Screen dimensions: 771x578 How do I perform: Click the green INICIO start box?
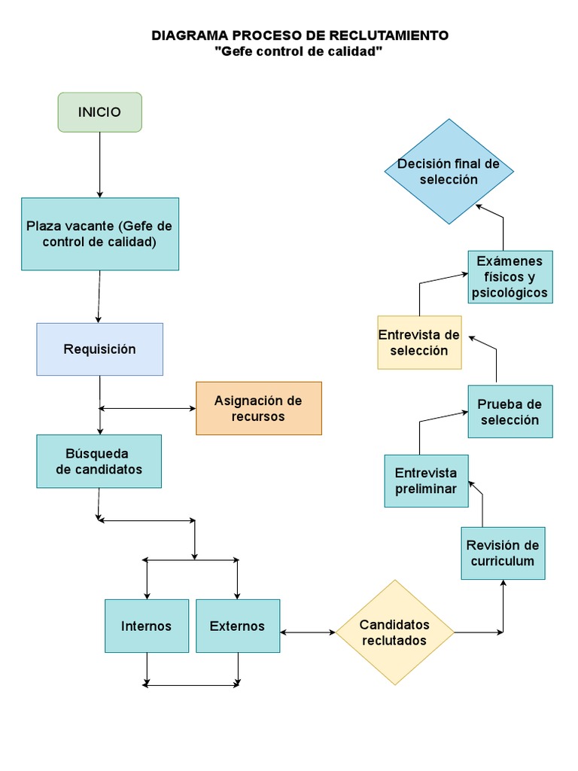coord(99,112)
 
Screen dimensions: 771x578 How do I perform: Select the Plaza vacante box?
coord(100,234)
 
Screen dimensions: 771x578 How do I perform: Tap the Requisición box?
coord(99,349)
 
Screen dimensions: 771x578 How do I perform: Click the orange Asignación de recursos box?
coord(258,408)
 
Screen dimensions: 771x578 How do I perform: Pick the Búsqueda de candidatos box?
coord(99,462)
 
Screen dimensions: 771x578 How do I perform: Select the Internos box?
coord(147,626)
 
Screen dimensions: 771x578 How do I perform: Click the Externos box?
coord(237,626)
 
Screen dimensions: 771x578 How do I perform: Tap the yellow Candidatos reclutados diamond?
coord(394,632)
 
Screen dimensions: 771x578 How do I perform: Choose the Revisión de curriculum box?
coord(503,553)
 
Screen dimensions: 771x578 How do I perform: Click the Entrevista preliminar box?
coord(426,481)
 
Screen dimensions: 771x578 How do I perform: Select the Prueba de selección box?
coord(510,412)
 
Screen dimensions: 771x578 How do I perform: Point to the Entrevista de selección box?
coord(419,343)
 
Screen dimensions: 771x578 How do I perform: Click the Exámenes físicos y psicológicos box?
coord(510,277)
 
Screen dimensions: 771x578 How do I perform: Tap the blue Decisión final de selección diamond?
coord(449,172)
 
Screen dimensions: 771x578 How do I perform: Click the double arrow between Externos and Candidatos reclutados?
coord(307,632)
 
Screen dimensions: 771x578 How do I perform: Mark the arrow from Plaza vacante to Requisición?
coord(99,297)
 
